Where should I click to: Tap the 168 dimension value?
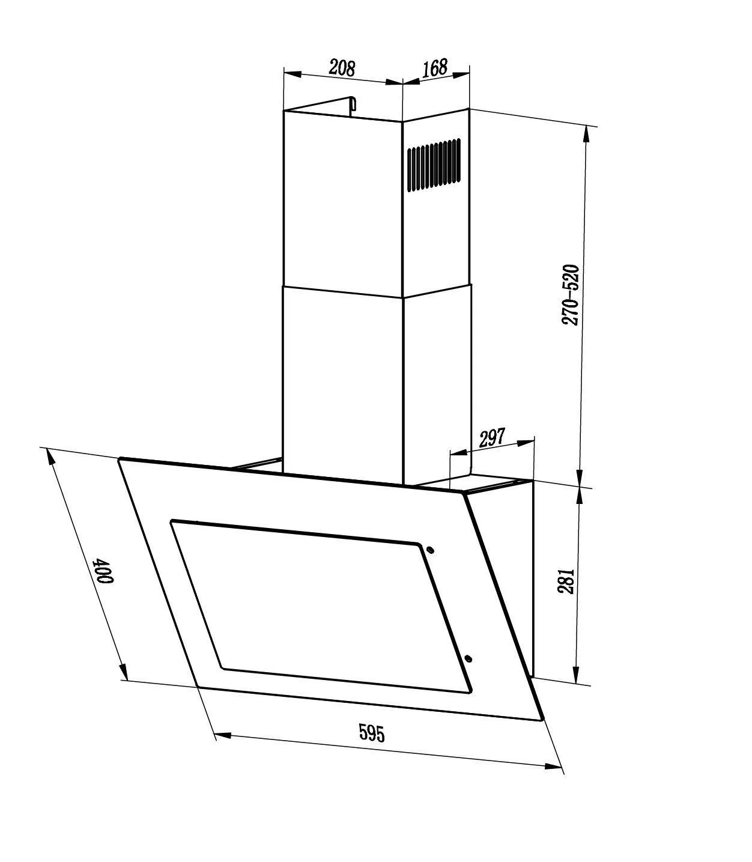pyautogui.click(x=434, y=68)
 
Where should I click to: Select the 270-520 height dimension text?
pyautogui.click(x=570, y=295)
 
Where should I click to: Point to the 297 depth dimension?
pyautogui.click(x=492, y=438)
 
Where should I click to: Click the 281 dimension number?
pyautogui.click(x=566, y=582)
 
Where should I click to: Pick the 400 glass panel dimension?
pyautogui.click(x=104, y=571)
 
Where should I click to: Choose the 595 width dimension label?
pyautogui.click(x=372, y=732)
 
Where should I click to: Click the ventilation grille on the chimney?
pyautogui.click(x=434, y=165)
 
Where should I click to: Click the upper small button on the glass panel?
pyautogui.click(x=431, y=549)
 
